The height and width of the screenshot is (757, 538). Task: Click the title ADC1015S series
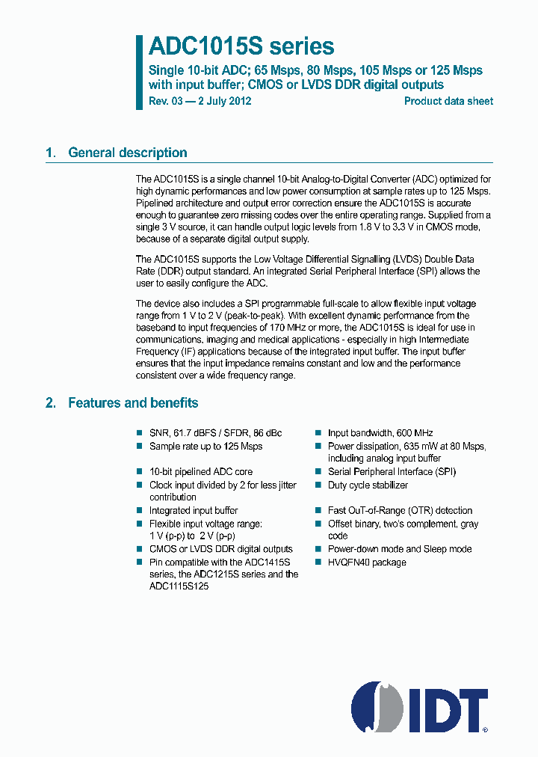coord(241,46)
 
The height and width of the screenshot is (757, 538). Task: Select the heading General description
coord(127,153)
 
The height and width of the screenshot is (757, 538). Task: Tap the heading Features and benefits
coord(133,402)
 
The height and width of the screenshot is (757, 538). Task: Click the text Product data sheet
coord(448,101)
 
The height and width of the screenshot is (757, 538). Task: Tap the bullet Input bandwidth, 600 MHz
coord(380,432)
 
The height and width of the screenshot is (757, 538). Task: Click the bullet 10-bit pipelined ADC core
coord(200,471)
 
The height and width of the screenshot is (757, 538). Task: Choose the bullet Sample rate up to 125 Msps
coord(205,446)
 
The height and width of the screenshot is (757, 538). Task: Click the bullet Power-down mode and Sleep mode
coord(400,548)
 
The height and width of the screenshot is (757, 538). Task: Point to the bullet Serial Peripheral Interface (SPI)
coord(392,471)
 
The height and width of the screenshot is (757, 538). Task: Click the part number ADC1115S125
coord(179,587)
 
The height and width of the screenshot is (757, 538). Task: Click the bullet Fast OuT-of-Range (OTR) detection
coord(400,510)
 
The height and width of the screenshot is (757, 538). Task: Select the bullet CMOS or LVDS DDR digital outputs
coord(220,548)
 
